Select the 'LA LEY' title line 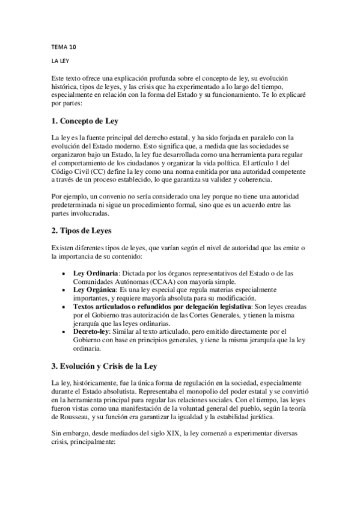(62, 61)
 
